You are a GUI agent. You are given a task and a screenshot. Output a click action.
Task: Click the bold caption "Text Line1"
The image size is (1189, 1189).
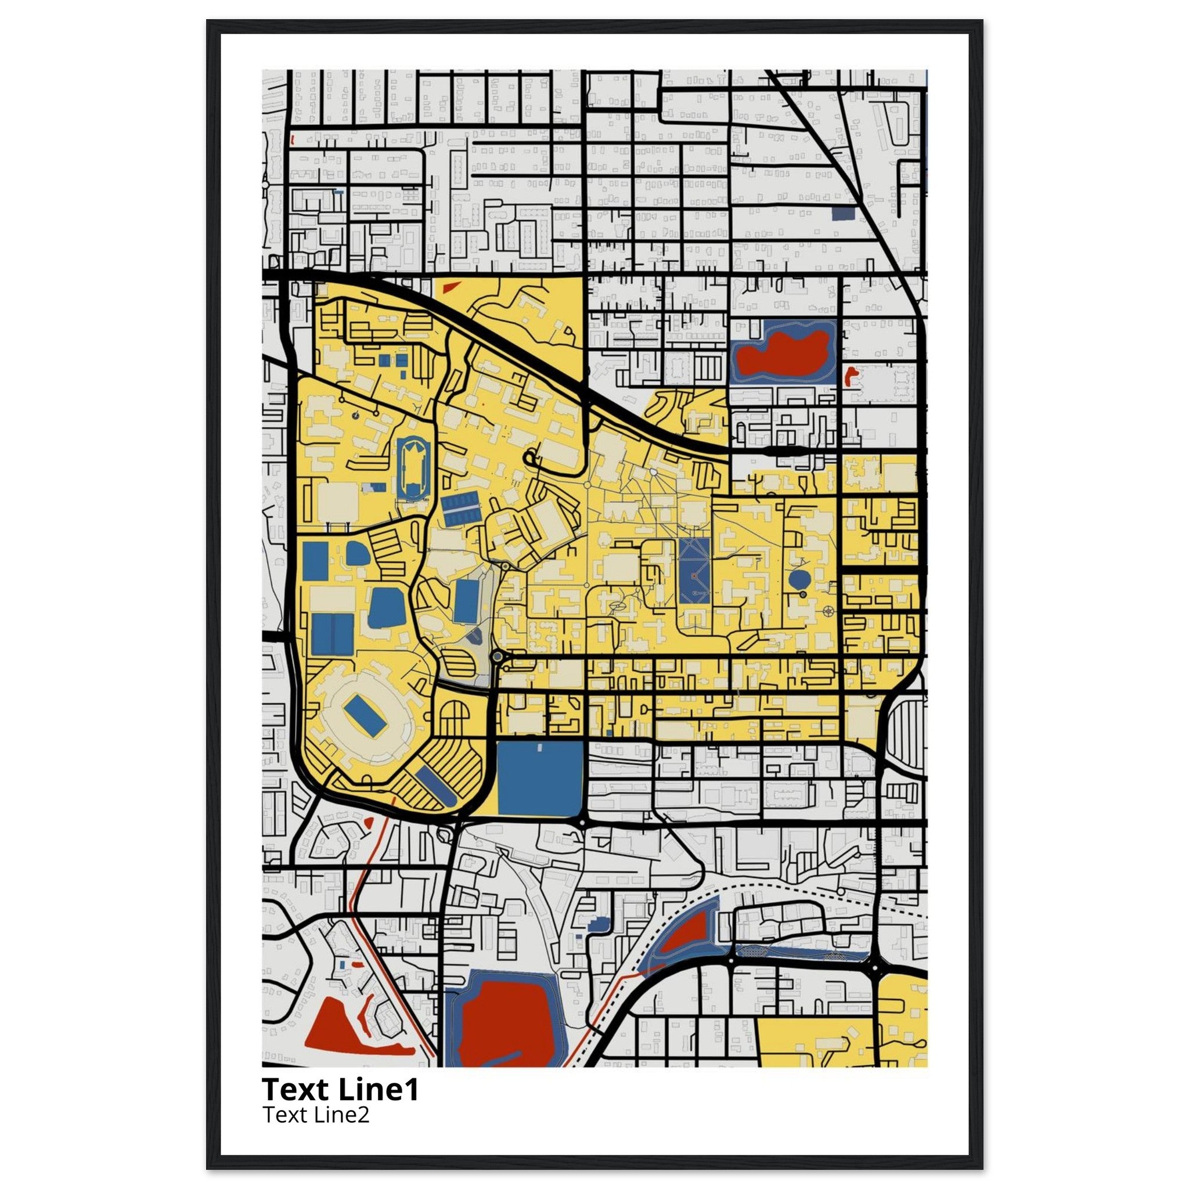pyautogui.click(x=340, y=1089)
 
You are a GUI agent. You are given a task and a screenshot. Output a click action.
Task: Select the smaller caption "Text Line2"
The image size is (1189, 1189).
pyautogui.click(x=316, y=1115)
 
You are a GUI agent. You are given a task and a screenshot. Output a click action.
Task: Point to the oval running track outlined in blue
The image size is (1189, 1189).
pyautogui.click(x=410, y=469)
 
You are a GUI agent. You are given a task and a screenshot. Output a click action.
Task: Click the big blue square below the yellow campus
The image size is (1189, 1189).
pyautogui.click(x=540, y=779)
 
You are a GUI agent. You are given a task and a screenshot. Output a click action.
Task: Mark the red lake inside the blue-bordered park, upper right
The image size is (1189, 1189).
pyautogui.click(x=781, y=354)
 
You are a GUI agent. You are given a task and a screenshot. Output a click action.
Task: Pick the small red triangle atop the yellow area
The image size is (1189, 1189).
pyautogui.click(x=451, y=286)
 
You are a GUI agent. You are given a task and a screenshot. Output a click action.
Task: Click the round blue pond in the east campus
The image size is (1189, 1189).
pyautogui.click(x=799, y=579)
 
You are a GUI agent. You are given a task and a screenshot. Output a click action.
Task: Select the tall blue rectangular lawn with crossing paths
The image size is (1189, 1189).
pyautogui.click(x=695, y=571)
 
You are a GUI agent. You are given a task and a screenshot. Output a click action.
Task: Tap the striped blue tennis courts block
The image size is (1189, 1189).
pyautogui.click(x=460, y=509)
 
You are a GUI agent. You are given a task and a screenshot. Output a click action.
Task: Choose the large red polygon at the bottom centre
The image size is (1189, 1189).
pyautogui.click(x=506, y=1031)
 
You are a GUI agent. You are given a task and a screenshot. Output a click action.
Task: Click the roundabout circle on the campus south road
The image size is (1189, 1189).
pyautogui.click(x=498, y=657)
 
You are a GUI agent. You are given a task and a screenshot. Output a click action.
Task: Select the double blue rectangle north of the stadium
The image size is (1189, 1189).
pyautogui.click(x=332, y=635)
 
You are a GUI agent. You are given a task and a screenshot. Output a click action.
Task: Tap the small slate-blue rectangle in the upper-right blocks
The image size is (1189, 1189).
pyautogui.click(x=842, y=213)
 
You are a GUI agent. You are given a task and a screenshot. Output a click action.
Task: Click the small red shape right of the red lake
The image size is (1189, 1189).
pyautogui.click(x=851, y=374)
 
